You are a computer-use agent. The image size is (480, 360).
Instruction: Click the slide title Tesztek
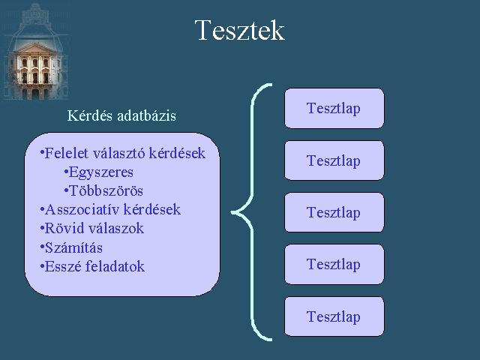click(240, 30)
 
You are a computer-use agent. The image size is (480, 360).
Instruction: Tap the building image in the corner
click(35, 52)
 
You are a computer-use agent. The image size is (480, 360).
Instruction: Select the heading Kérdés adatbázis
click(121, 115)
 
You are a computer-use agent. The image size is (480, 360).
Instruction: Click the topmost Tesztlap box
click(334, 108)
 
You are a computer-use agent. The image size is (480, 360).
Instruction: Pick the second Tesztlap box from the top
click(334, 160)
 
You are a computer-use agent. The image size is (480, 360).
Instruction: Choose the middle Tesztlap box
click(334, 212)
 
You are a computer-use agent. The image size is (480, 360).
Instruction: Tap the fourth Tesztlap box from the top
click(334, 264)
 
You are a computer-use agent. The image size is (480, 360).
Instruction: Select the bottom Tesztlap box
click(334, 316)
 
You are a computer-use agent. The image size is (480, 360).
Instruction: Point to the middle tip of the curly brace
click(232, 212)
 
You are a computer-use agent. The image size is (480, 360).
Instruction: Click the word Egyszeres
click(101, 172)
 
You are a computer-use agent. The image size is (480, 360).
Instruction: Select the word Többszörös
click(106, 191)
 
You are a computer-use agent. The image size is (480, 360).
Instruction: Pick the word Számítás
click(73, 247)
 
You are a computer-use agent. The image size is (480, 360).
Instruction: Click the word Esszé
click(63, 267)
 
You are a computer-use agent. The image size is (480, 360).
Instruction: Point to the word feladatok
click(115, 267)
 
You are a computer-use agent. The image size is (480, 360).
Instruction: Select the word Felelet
click(67, 153)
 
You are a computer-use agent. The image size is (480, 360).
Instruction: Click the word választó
click(118, 153)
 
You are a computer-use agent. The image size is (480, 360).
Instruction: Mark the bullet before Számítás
click(42, 247)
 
